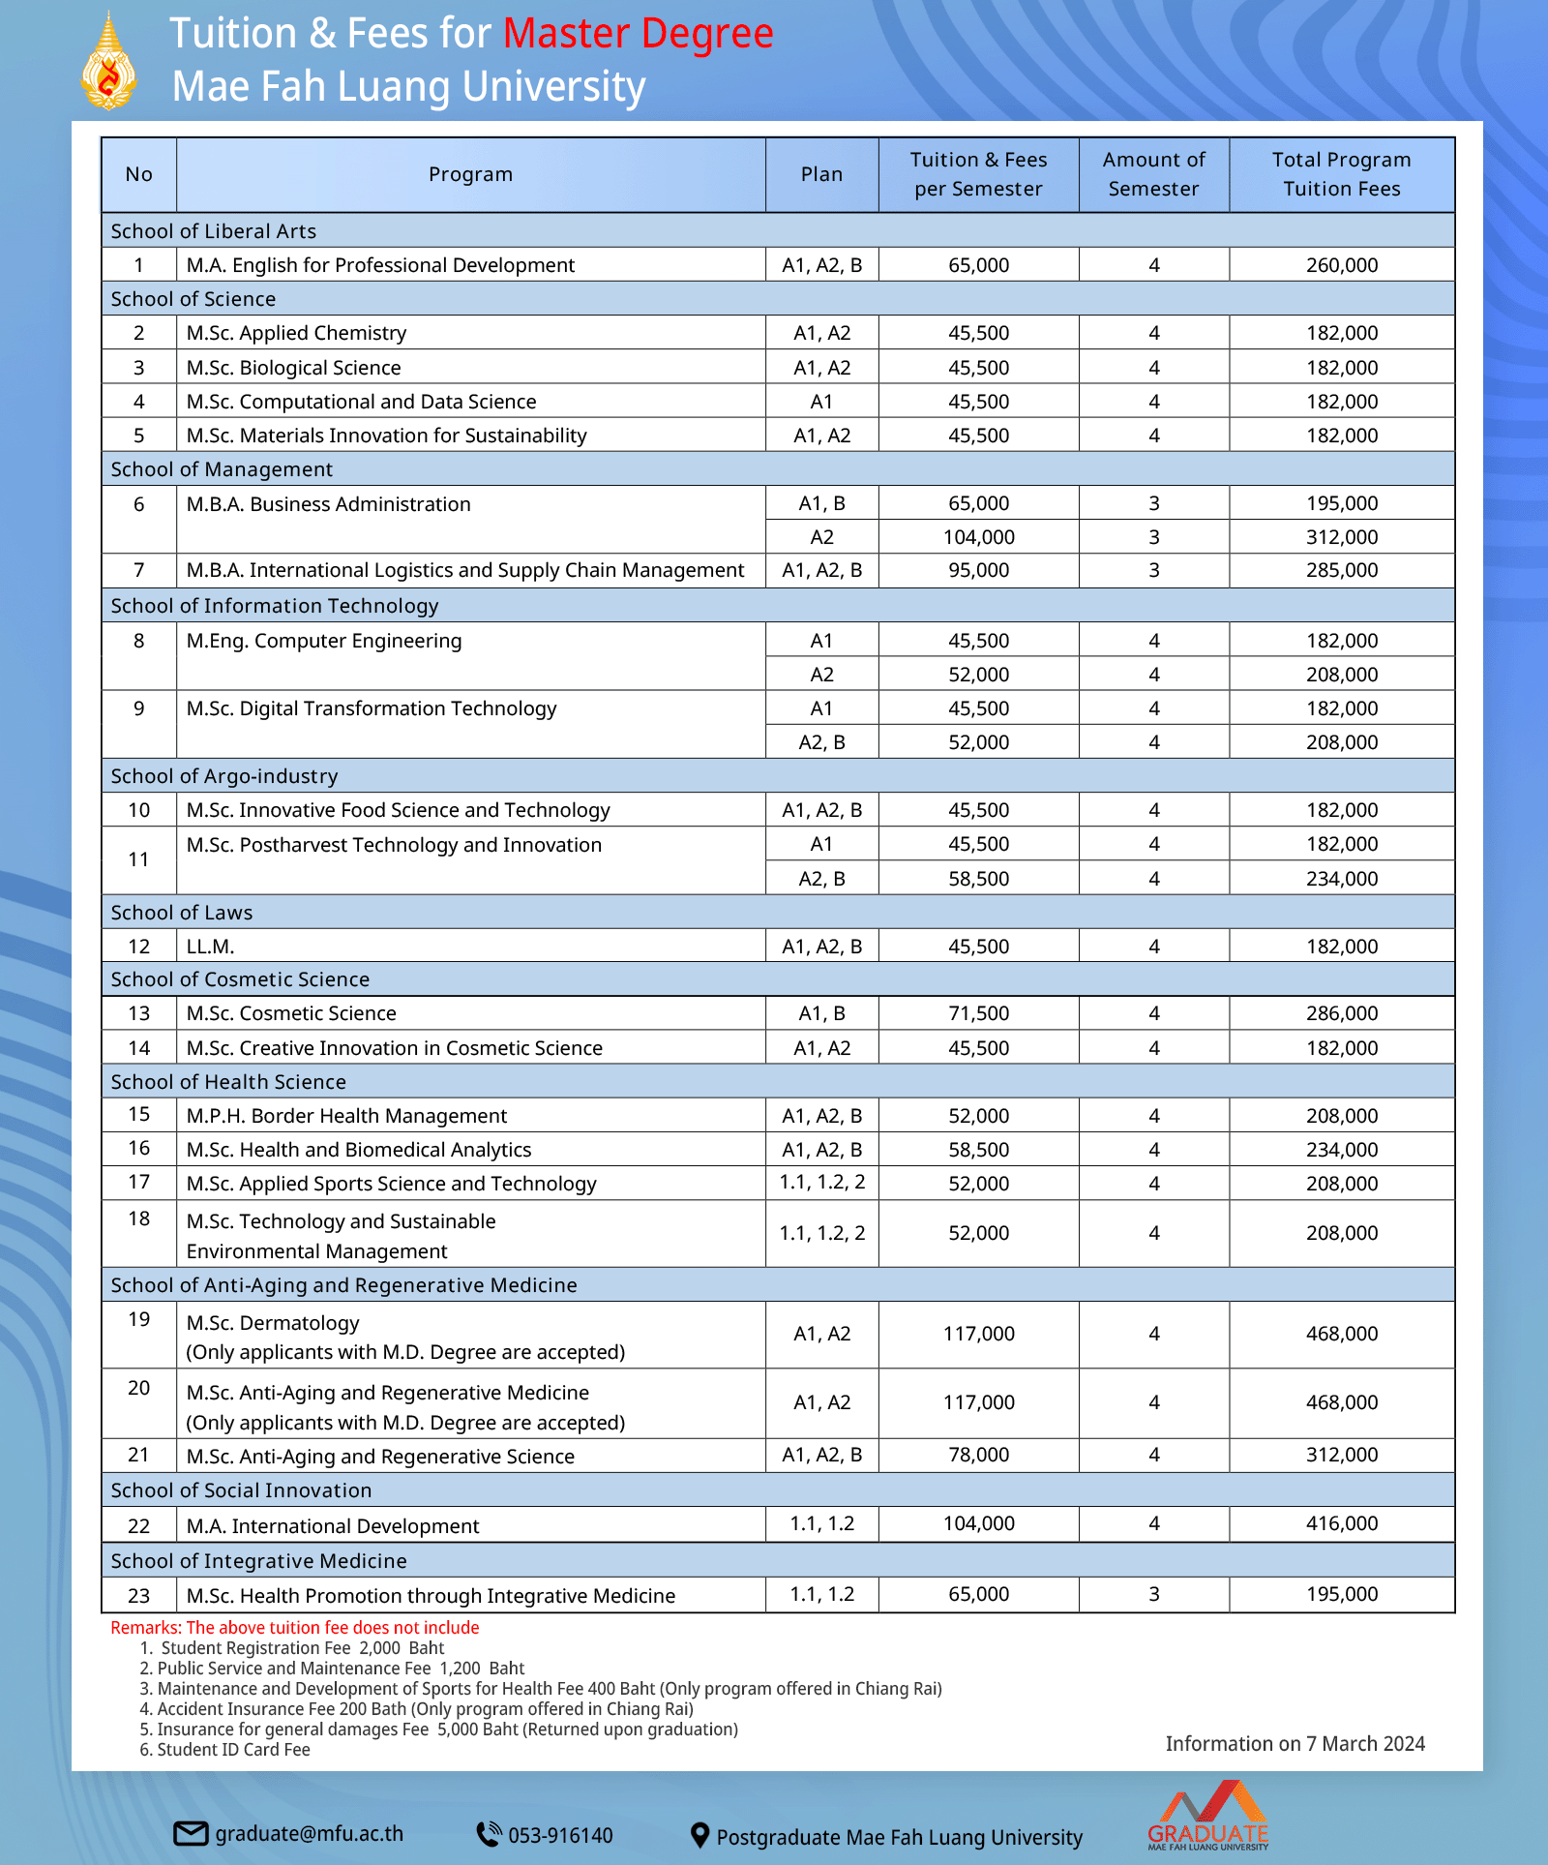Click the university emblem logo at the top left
click(x=108, y=62)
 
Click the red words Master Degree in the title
click(x=638, y=34)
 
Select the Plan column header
click(x=821, y=174)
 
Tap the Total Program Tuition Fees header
click(x=1341, y=174)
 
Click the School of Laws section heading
click(x=182, y=913)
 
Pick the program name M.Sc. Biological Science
click(x=293, y=368)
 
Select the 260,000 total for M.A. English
click(x=1341, y=265)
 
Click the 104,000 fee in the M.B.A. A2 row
click(x=978, y=537)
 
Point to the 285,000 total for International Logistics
click(x=1341, y=570)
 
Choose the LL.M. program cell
click(x=211, y=947)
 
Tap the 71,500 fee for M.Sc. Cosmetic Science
click(x=978, y=1013)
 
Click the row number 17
click(x=139, y=1182)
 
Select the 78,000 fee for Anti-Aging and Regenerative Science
click(x=978, y=1455)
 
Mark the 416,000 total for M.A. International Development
click(x=1341, y=1523)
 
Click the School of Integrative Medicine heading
click(x=258, y=1561)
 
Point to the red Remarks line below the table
click(x=294, y=1628)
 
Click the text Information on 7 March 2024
click(x=1295, y=1744)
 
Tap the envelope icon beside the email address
click(x=191, y=1833)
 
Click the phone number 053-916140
click(x=560, y=1835)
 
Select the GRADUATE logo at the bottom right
click(x=1208, y=1817)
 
